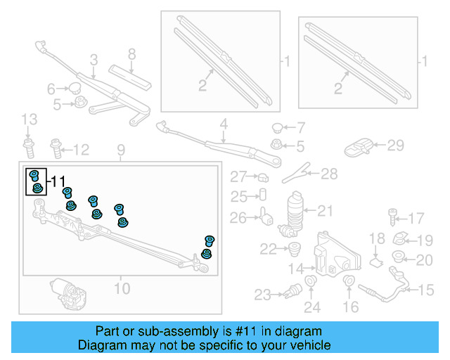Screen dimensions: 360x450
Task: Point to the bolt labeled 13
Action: pos(29,148)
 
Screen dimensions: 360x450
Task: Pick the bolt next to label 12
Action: pos(56,148)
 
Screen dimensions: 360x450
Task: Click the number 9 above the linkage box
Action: pos(120,149)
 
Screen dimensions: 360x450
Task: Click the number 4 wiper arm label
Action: pos(224,126)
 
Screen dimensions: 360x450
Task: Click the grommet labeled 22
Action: pos(295,247)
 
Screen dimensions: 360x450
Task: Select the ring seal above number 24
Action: pos(311,285)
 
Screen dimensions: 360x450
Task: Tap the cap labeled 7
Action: pos(277,128)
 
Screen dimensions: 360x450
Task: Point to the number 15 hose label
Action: pos(426,289)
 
